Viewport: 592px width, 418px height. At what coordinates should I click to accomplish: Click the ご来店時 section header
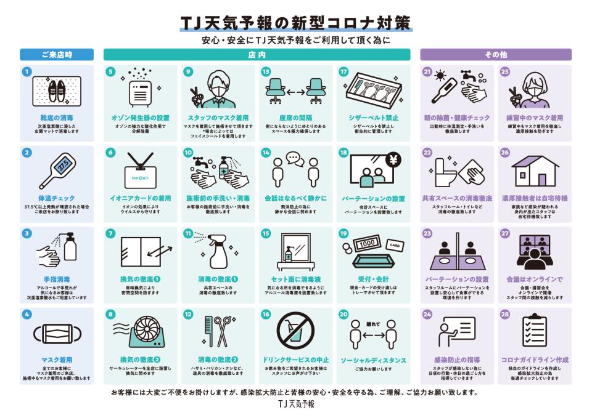[56, 55]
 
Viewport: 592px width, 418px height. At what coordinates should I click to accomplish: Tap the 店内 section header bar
[257, 55]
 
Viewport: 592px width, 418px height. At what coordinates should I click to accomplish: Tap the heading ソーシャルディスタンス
[373, 360]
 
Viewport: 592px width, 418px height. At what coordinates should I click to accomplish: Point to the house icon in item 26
[534, 170]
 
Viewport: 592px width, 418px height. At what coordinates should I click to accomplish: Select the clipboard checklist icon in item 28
[534, 331]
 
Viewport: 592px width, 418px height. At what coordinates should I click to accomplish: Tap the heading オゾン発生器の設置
[141, 117]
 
